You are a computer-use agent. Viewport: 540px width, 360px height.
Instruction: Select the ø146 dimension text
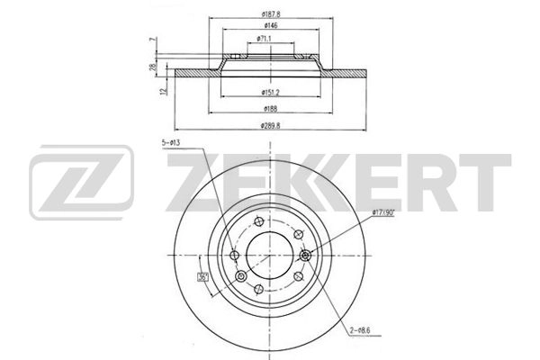pyautogui.click(x=265, y=27)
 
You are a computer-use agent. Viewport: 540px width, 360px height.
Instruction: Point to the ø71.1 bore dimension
pyautogui.click(x=265, y=40)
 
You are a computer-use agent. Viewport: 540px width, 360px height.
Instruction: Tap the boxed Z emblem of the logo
pyautogui.click(x=81, y=184)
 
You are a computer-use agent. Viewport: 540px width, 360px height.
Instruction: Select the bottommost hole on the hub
pyautogui.click(x=259, y=288)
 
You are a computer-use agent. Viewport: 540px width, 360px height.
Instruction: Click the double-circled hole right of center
pyautogui.click(x=307, y=256)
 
